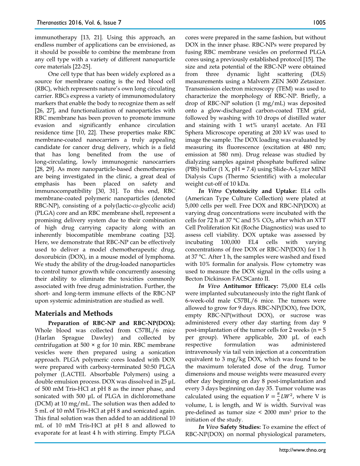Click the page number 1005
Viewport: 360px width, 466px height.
click(319, 23)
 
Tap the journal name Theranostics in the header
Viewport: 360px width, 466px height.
click(51, 23)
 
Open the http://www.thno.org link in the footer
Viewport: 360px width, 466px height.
click(302, 450)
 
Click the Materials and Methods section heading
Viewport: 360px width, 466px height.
click(74, 313)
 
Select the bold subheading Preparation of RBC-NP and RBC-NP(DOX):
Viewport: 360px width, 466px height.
click(112, 323)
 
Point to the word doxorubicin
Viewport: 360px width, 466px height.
click(51, 256)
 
